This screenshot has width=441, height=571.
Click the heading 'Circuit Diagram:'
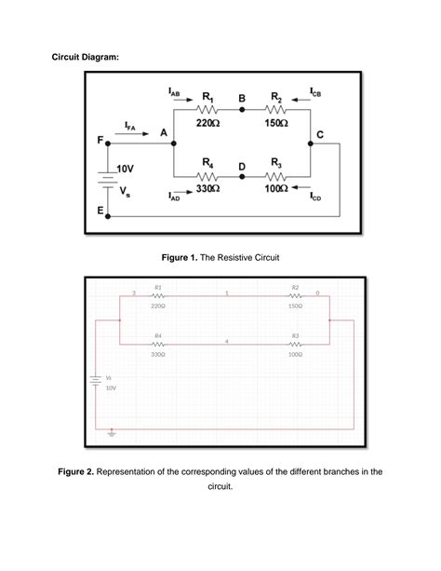pyautogui.click(x=85, y=58)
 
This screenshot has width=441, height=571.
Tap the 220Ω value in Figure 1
pyautogui.click(x=207, y=123)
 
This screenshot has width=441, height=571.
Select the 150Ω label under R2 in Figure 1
pyautogui.click(x=275, y=123)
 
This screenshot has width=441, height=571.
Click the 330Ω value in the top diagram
pyautogui.click(x=207, y=189)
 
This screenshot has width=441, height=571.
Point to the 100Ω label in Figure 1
pyautogui.click(x=275, y=189)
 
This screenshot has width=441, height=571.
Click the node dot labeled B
pyautogui.click(x=242, y=109)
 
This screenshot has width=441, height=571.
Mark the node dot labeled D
pyautogui.click(x=242, y=175)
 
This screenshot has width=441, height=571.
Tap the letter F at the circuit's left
pyautogui.click(x=100, y=142)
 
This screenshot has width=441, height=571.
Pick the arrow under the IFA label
pyautogui.click(x=135, y=134)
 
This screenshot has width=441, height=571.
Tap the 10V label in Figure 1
pyautogui.click(x=125, y=169)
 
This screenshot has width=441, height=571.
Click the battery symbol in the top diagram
pyautogui.click(x=108, y=179)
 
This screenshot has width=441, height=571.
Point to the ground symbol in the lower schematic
pyautogui.click(x=112, y=432)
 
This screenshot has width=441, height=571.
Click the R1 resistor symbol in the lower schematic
pyautogui.click(x=158, y=296)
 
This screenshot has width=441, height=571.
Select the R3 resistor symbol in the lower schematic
pyautogui.click(x=295, y=344)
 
